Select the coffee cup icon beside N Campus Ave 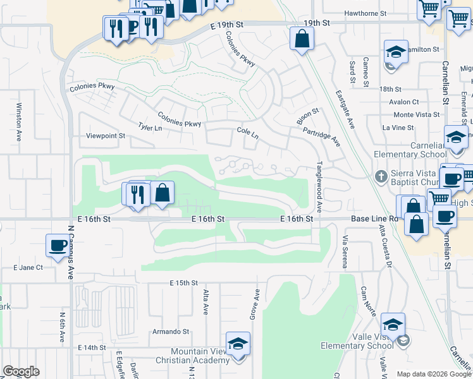58,244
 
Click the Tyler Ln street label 150,127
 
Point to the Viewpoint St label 106,136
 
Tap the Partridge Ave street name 321,136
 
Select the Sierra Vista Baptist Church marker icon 381,176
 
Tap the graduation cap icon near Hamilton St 396,51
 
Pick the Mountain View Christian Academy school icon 238,344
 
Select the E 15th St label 183,282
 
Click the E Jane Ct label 28,268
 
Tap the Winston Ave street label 19,121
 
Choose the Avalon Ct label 404,102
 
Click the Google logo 21,371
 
